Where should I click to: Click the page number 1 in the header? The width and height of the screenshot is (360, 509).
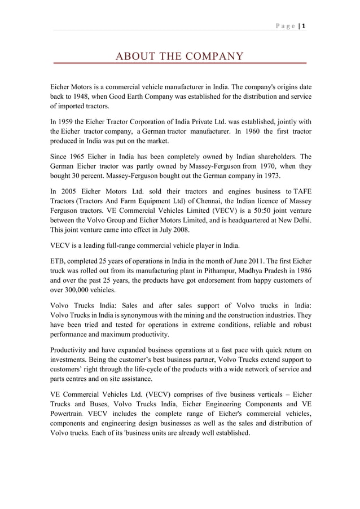303,25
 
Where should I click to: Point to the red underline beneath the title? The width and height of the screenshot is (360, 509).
179,64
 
